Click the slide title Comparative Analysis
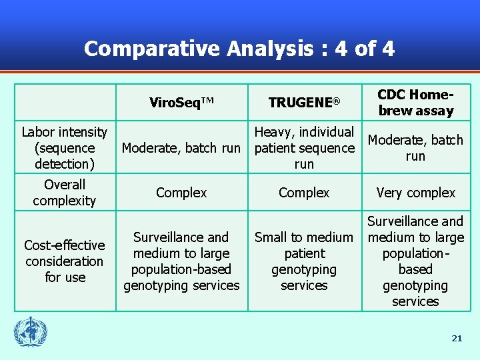[239, 49]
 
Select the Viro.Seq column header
[181, 102]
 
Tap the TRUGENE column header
[304, 102]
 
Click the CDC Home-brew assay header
[415, 103]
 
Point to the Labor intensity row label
[65, 148]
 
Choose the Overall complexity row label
[65, 192]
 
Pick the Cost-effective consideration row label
[65, 261]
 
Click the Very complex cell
[415, 193]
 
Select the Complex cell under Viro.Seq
[181, 193]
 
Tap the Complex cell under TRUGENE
[304, 193]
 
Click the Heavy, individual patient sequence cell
[304, 148]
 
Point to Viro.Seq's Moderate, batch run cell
[181, 148]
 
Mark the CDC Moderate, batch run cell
[415, 148]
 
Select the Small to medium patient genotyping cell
[304, 261]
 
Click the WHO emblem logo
[31, 331]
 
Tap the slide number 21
[457, 339]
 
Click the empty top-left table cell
[65, 102]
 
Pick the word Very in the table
[390, 193]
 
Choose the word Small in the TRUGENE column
[271, 237]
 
